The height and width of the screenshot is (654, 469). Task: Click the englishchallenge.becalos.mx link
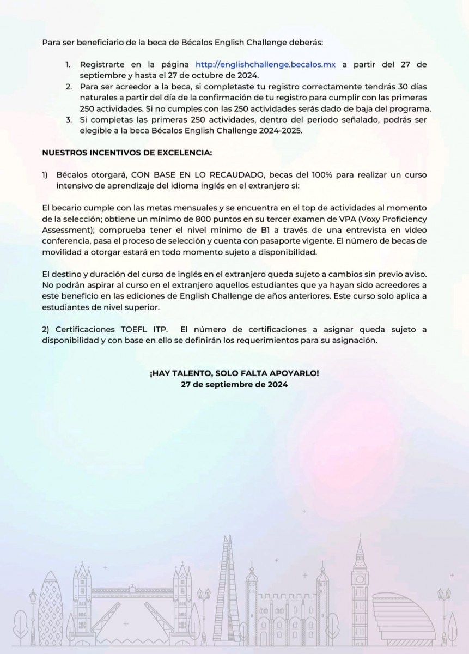(x=266, y=64)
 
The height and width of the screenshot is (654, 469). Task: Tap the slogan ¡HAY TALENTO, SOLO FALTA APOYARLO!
(x=234, y=373)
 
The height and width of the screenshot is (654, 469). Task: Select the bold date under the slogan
(x=234, y=384)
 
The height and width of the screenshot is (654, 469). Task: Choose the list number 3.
(x=69, y=119)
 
